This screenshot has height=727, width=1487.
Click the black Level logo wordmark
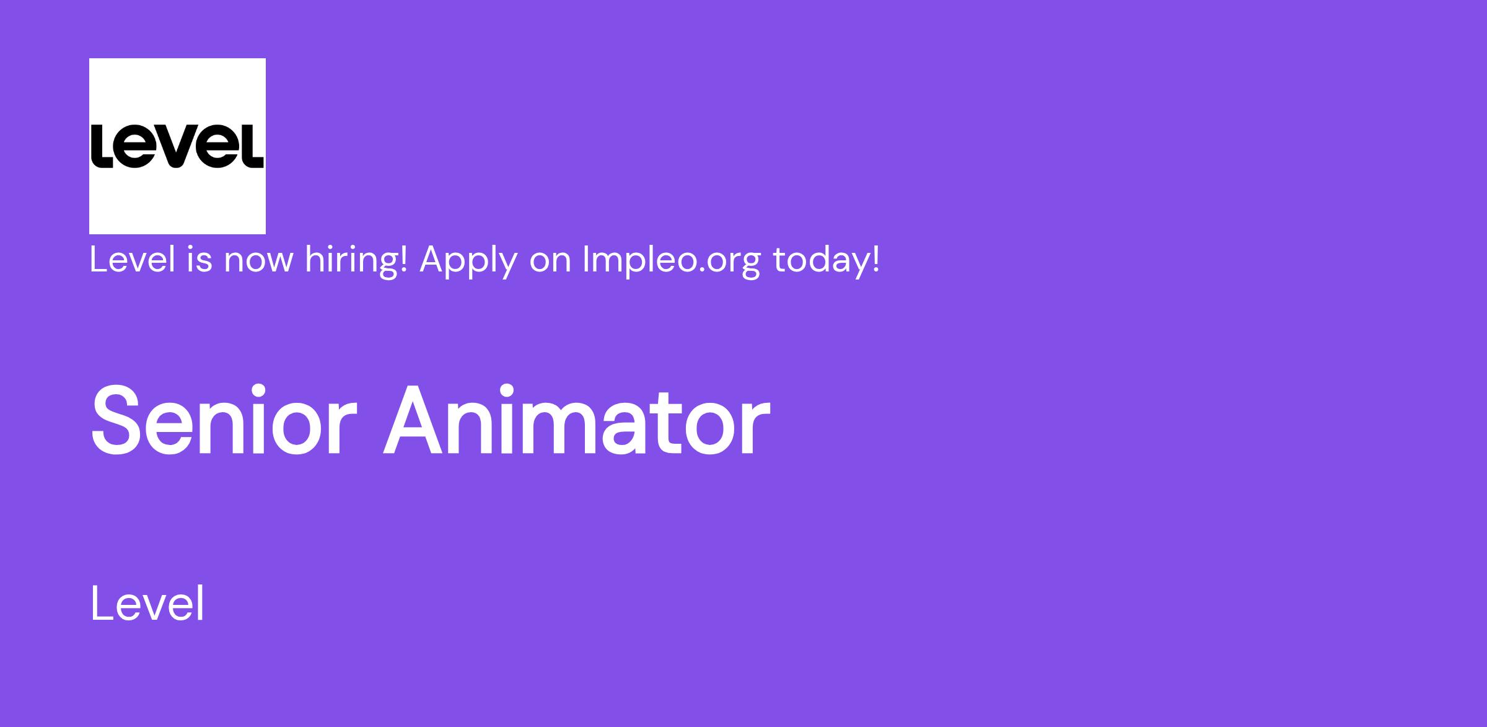point(177,146)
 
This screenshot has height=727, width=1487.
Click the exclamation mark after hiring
point(403,259)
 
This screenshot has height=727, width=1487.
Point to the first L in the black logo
point(102,146)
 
